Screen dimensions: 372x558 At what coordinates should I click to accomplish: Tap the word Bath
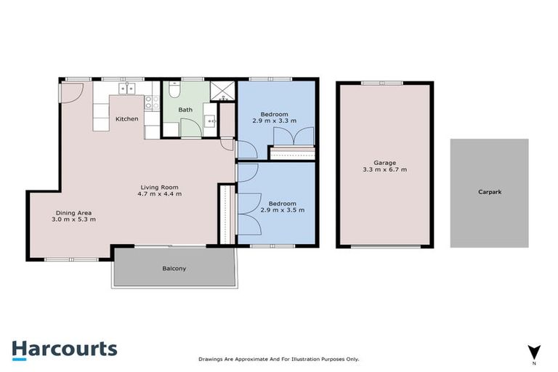click(x=186, y=110)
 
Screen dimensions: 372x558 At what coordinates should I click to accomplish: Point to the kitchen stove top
click(x=151, y=103)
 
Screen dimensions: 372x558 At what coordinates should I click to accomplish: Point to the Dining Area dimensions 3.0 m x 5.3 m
click(x=73, y=219)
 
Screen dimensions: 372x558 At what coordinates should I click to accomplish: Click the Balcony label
click(x=174, y=269)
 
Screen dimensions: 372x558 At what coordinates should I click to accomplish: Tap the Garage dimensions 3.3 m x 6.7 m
click(x=384, y=170)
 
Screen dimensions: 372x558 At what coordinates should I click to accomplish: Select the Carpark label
click(x=489, y=193)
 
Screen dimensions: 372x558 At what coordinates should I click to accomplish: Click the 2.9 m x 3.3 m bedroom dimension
click(x=275, y=121)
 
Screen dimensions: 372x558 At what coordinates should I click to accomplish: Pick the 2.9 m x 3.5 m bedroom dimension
click(x=283, y=211)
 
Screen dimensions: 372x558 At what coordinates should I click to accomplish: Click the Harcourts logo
click(x=64, y=349)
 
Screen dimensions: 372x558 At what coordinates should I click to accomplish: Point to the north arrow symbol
click(x=534, y=351)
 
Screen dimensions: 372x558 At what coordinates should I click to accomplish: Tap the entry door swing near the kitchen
click(x=71, y=92)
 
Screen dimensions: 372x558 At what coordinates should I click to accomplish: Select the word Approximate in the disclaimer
click(x=248, y=359)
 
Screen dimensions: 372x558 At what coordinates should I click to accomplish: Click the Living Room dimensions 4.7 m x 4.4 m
click(x=160, y=194)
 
